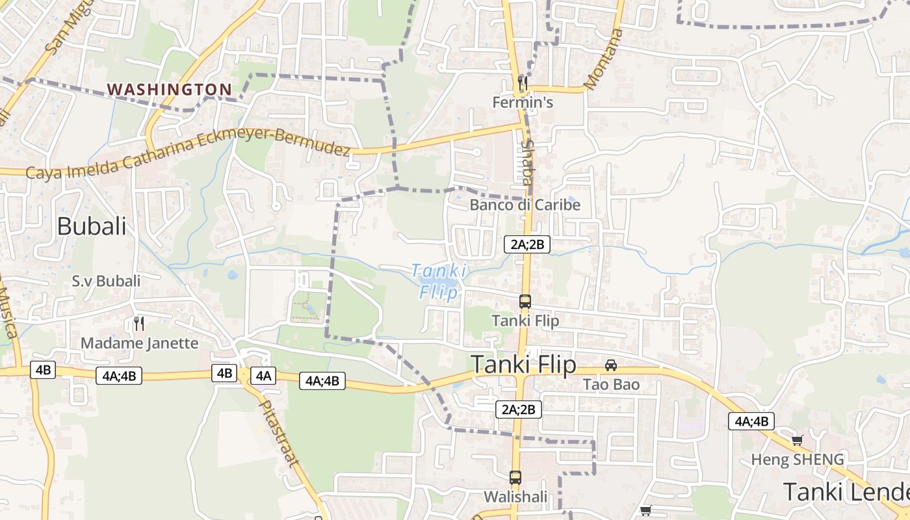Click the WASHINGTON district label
click(x=169, y=89)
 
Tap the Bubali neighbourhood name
click(x=92, y=226)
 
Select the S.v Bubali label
click(x=106, y=281)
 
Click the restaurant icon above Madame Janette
click(x=138, y=323)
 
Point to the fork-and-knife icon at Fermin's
click(x=522, y=83)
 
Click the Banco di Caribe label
click(x=525, y=205)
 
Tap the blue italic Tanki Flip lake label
click(x=439, y=280)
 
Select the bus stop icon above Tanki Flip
click(x=525, y=302)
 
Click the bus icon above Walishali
click(x=515, y=477)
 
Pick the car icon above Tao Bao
click(x=611, y=365)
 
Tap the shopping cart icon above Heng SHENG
click(x=798, y=440)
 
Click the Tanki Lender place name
click(x=845, y=492)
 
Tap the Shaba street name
click(x=526, y=162)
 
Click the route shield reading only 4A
click(x=263, y=375)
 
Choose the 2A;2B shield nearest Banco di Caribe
click(x=527, y=244)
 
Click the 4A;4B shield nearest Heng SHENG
click(x=751, y=421)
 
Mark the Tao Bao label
click(x=611, y=384)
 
